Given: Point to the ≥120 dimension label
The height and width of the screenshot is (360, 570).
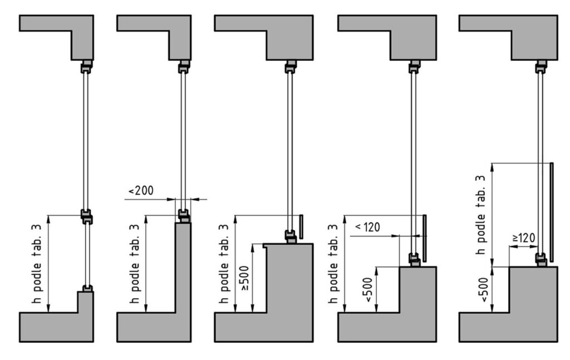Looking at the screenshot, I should point(523,238).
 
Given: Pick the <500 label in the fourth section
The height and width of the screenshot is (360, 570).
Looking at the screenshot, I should point(367,289).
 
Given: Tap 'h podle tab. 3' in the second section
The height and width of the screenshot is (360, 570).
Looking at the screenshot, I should point(136,264).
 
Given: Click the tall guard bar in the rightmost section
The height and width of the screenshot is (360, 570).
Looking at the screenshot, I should point(551,212).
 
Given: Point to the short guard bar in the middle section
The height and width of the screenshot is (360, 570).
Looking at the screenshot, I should point(301,225).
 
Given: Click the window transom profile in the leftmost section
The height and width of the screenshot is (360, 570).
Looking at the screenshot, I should point(86,216).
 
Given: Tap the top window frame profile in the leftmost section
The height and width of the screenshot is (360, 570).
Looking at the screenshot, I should point(86,67).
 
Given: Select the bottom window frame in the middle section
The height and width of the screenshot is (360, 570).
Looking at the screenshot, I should point(291,236).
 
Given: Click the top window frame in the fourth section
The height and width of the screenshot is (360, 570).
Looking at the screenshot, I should point(415,67).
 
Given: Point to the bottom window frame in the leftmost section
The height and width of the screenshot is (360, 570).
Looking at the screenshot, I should point(86,288).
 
